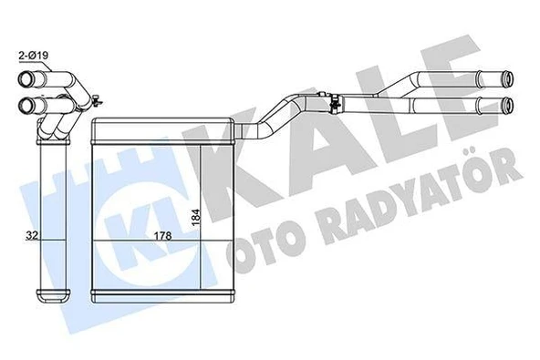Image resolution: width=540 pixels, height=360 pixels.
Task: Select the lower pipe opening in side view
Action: [26, 103]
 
